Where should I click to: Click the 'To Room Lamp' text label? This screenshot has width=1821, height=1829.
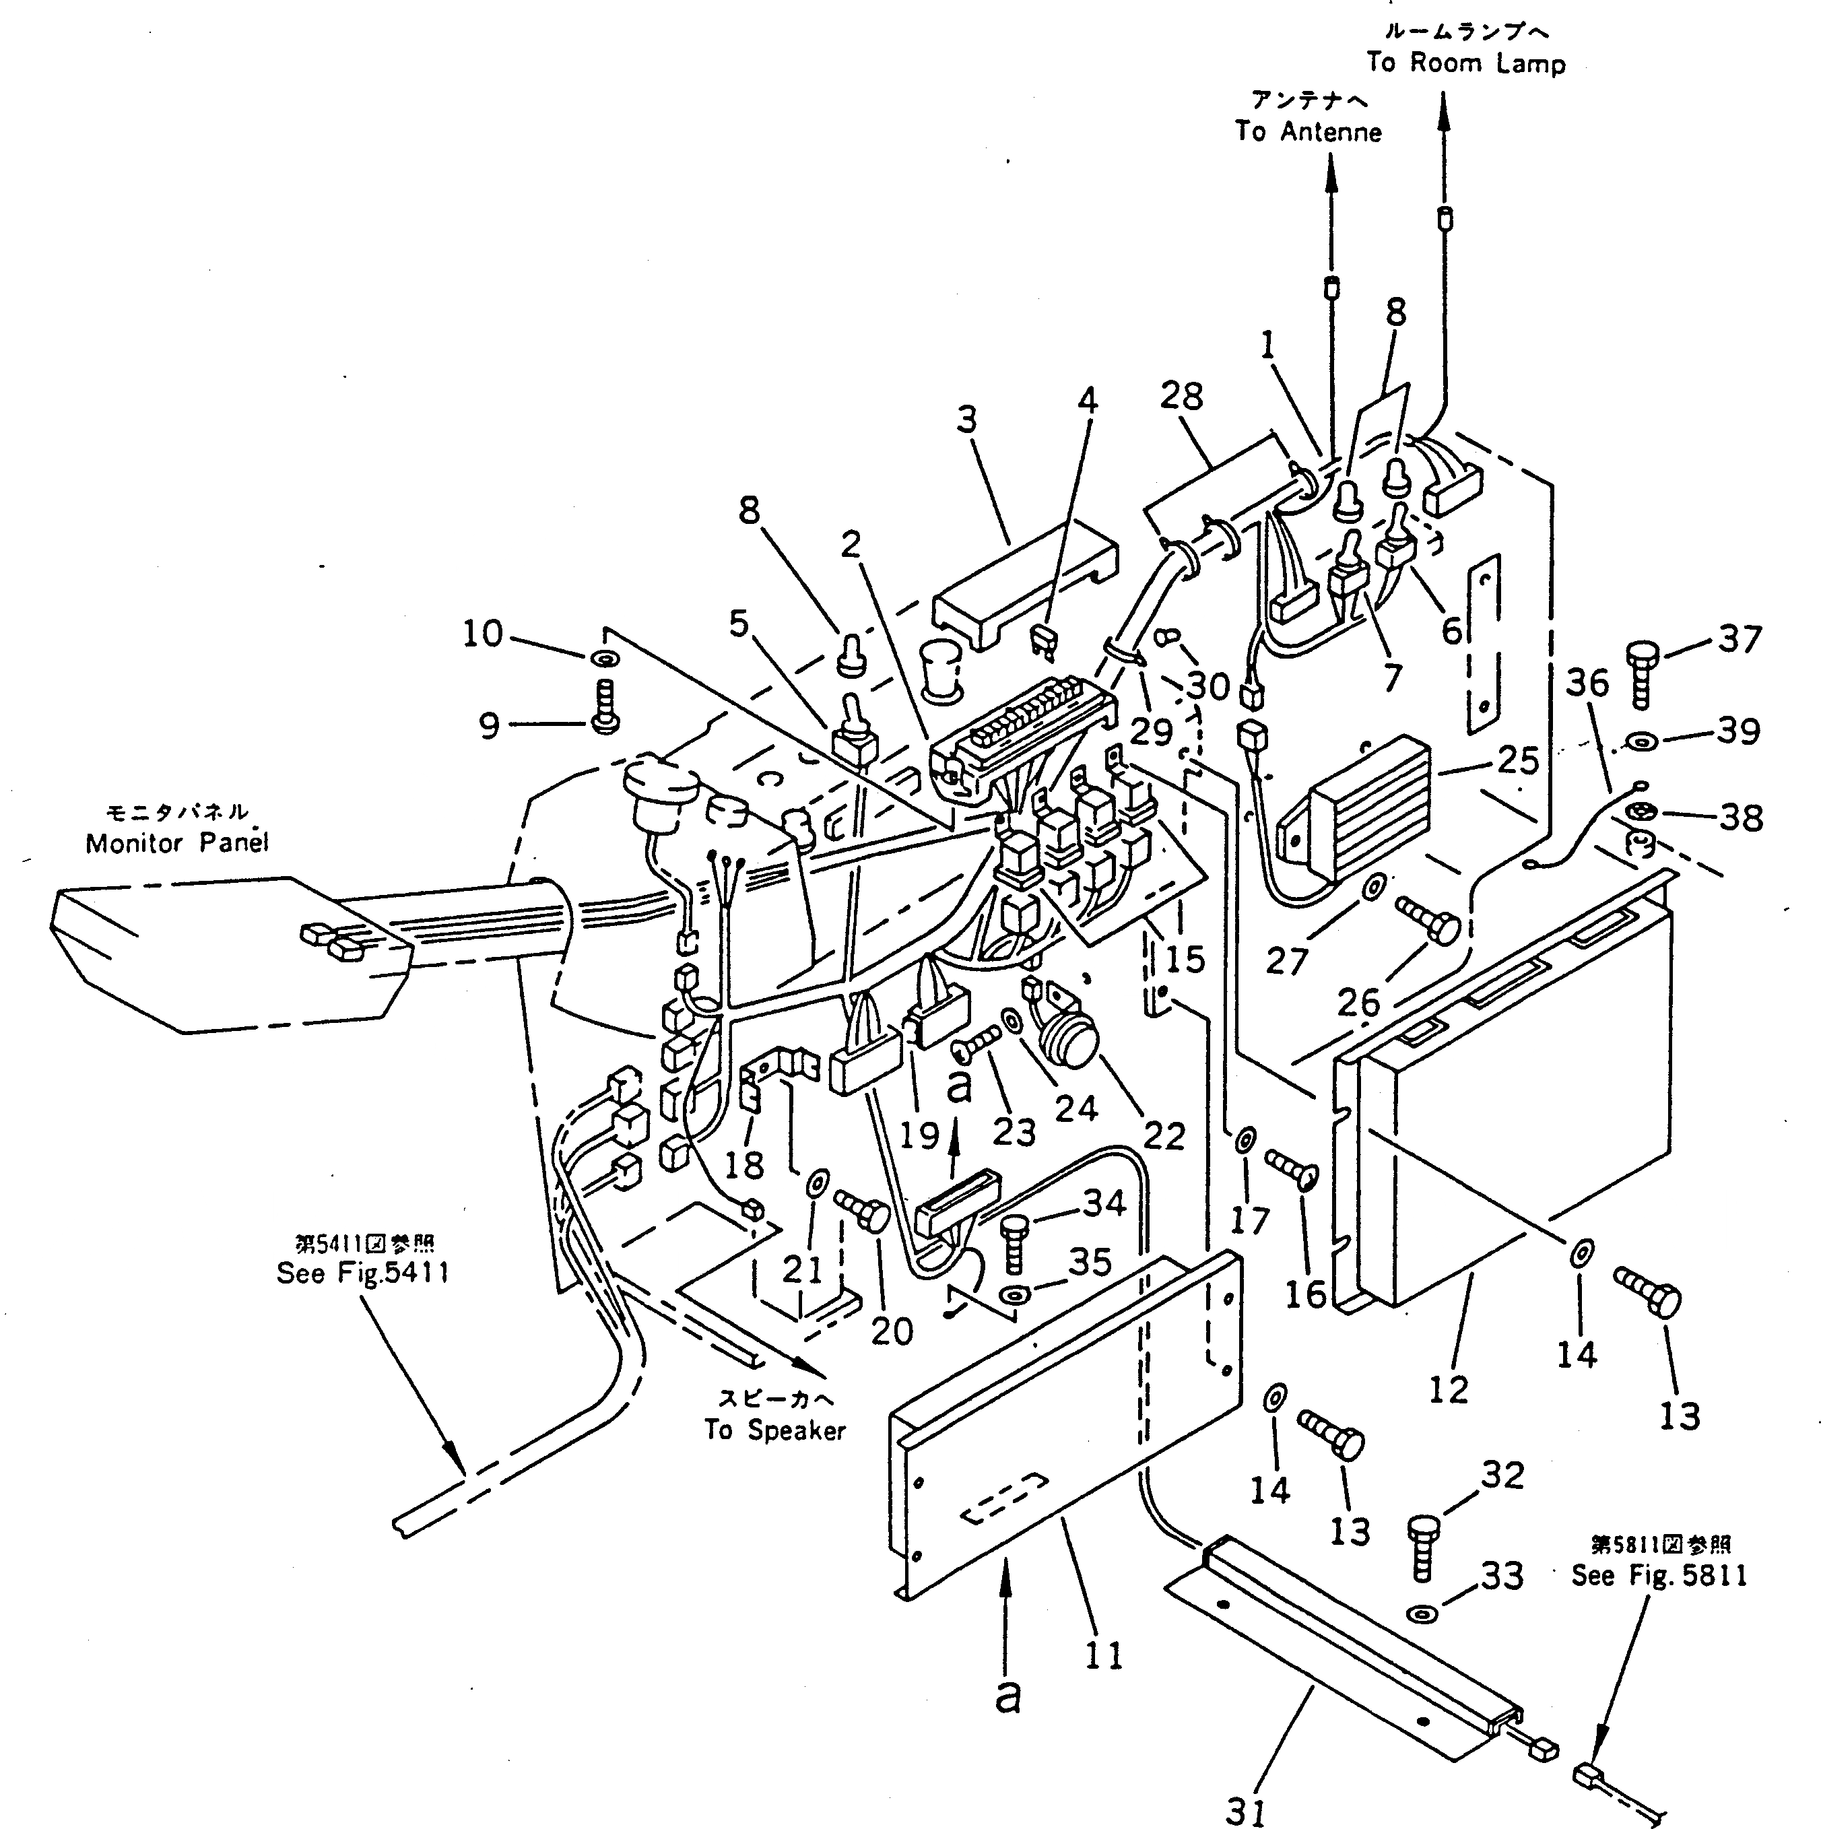tap(1465, 63)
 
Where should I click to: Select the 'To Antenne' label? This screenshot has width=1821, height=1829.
tap(1308, 131)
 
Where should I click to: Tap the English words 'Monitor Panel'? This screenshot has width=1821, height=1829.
tap(177, 842)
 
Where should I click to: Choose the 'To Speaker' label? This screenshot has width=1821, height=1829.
tap(774, 1430)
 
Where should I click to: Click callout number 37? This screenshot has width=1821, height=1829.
tap(1740, 639)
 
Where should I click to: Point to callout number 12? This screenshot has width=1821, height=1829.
tap(1448, 1389)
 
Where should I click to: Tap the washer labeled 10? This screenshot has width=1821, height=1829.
tap(604, 657)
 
